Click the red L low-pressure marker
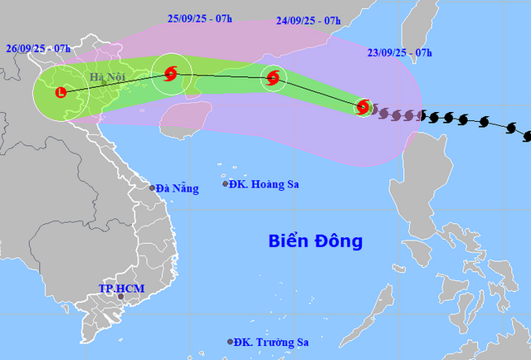(61, 92)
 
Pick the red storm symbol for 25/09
(171, 74)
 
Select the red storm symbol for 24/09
(272, 80)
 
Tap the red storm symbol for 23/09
(362, 106)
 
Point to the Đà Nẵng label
(178, 188)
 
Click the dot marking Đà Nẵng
(153, 187)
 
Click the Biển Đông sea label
(316, 242)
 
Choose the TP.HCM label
(121, 288)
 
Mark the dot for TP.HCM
(120, 297)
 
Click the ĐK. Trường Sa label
(271, 342)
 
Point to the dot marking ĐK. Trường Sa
(231, 342)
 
